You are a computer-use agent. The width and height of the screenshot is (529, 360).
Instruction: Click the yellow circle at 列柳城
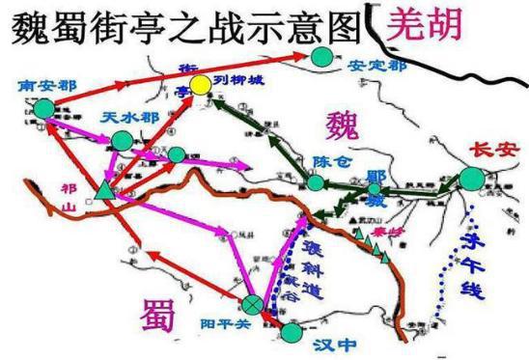(200, 86)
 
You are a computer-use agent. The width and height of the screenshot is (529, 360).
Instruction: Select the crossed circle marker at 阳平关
(253, 305)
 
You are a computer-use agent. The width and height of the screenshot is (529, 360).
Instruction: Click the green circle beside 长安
(472, 179)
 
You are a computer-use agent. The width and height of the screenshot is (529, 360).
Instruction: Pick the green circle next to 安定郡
(321, 59)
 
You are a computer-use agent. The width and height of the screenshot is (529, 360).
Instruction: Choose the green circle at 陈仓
(316, 181)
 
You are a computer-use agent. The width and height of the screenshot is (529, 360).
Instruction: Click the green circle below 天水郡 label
(122, 141)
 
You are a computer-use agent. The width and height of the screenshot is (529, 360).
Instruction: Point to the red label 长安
(487, 151)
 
